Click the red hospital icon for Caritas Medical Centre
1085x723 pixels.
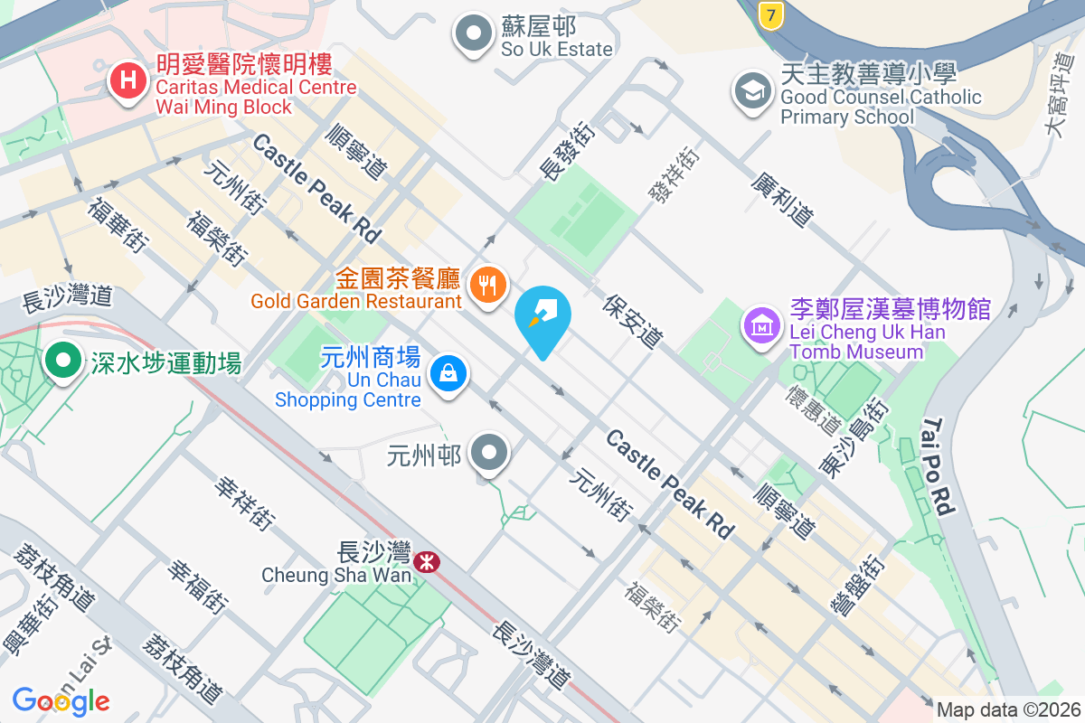(128, 80)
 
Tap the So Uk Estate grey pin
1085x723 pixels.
(471, 35)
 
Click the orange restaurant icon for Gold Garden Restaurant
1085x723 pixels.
(488, 285)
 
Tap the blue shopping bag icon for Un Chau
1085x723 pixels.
(447, 372)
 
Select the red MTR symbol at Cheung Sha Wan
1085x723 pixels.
(427, 562)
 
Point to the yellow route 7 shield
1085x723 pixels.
(769, 14)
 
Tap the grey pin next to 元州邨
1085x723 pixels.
(491, 451)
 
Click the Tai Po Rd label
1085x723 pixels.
(939, 466)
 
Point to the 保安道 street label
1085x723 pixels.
(632, 322)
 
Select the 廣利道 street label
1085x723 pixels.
(781, 201)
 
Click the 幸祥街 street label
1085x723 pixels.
(244, 503)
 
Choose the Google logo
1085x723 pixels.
(61, 700)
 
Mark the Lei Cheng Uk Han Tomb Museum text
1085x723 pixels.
(866, 342)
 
